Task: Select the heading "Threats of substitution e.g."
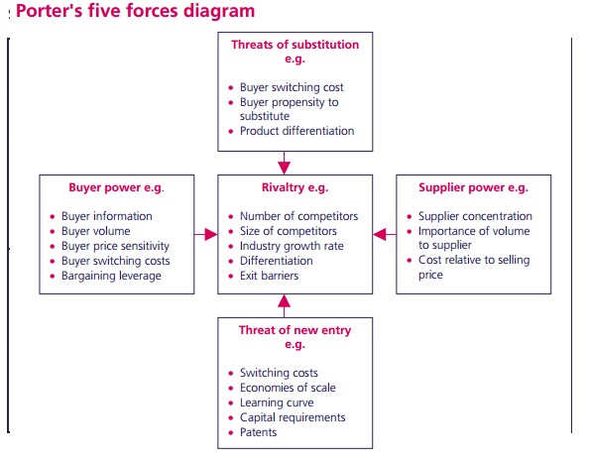pyautogui.click(x=294, y=52)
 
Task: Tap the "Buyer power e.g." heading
pyautogui.click(x=116, y=187)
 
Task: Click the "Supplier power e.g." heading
pyautogui.click(x=473, y=187)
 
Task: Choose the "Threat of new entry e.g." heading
pyautogui.click(x=294, y=338)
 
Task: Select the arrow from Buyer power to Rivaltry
pyautogui.click(x=206, y=234)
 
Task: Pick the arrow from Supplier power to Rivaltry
pyautogui.click(x=383, y=234)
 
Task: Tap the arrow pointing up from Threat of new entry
pyautogui.click(x=285, y=305)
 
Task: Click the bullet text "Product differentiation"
pyautogui.click(x=296, y=131)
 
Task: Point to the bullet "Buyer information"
pyautogui.click(x=107, y=216)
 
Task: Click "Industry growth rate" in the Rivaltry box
pyautogui.click(x=292, y=246)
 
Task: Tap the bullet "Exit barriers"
pyautogui.click(x=269, y=276)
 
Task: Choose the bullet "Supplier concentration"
pyautogui.click(x=474, y=216)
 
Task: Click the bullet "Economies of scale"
pyautogui.click(x=287, y=388)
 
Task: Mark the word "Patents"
pyautogui.click(x=259, y=432)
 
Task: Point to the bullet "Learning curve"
pyautogui.click(x=277, y=403)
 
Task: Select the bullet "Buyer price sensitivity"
pyautogui.click(x=115, y=246)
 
